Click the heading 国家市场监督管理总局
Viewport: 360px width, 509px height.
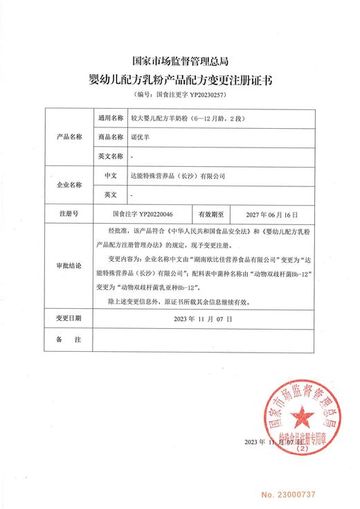point(179,62)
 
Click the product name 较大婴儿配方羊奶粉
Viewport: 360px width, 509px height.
point(159,118)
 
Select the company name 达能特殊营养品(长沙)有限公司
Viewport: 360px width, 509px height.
point(177,176)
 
